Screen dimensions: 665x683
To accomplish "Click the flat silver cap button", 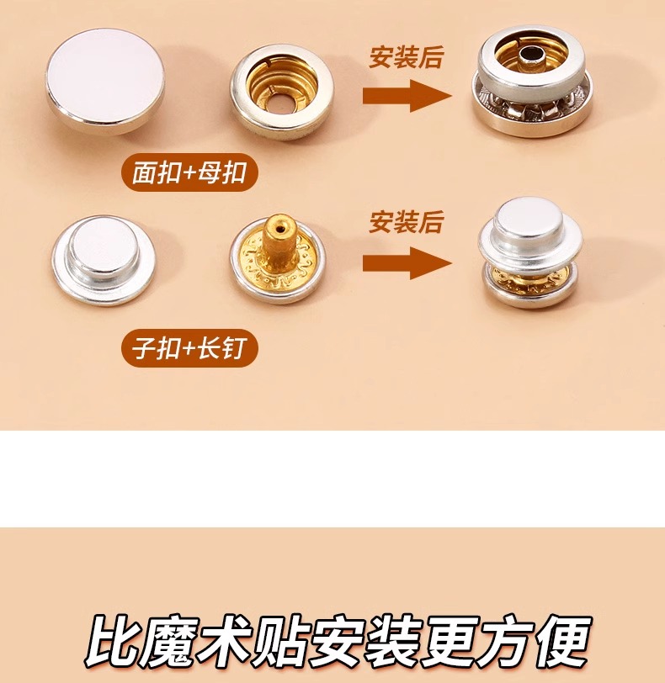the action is click(x=105, y=81).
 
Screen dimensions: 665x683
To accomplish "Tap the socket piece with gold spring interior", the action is click(x=282, y=92).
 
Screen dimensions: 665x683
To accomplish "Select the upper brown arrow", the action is click(x=407, y=95).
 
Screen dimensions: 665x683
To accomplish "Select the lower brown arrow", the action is click(x=407, y=262).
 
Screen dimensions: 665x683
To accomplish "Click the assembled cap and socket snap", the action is click(x=532, y=81).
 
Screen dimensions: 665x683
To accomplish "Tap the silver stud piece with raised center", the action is click(x=104, y=261).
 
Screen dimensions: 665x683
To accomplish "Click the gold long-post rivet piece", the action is click(x=278, y=259).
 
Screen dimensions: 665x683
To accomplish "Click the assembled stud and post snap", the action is click(x=530, y=251).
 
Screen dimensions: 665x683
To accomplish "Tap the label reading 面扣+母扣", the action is click(x=189, y=172).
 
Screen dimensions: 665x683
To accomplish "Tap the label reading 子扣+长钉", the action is click(x=189, y=348).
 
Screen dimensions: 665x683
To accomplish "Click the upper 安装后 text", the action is click(x=406, y=57).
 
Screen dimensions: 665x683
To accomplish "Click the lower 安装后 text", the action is click(x=406, y=222).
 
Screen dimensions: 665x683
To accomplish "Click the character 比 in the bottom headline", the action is click(x=109, y=640).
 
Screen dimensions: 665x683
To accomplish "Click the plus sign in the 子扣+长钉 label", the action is click(x=188, y=348).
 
